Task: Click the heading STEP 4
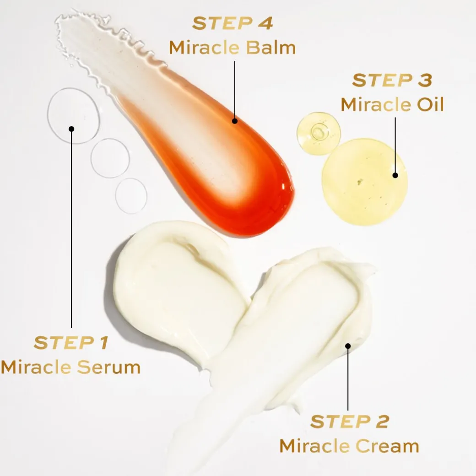click(x=233, y=23)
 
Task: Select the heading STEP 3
click(x=392, y=81)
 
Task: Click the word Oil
click(x=430, y=104)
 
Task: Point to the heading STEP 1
click(x=71, y=343)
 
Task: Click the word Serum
click(x=108, y=368)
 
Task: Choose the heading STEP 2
click(x=350, y=422)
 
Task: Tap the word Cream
click(x=387, y=446)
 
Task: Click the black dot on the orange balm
click(x=235, y=121)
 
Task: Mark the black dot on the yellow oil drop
click(x=395, y=175)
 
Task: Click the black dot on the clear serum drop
click(x=71, y=129)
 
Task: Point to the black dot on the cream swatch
click(x=348, y=346)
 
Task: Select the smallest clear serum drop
click(x=131, y=196)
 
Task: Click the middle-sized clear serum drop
click(x=110, y=158)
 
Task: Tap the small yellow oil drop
click(x=319, y=134)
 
